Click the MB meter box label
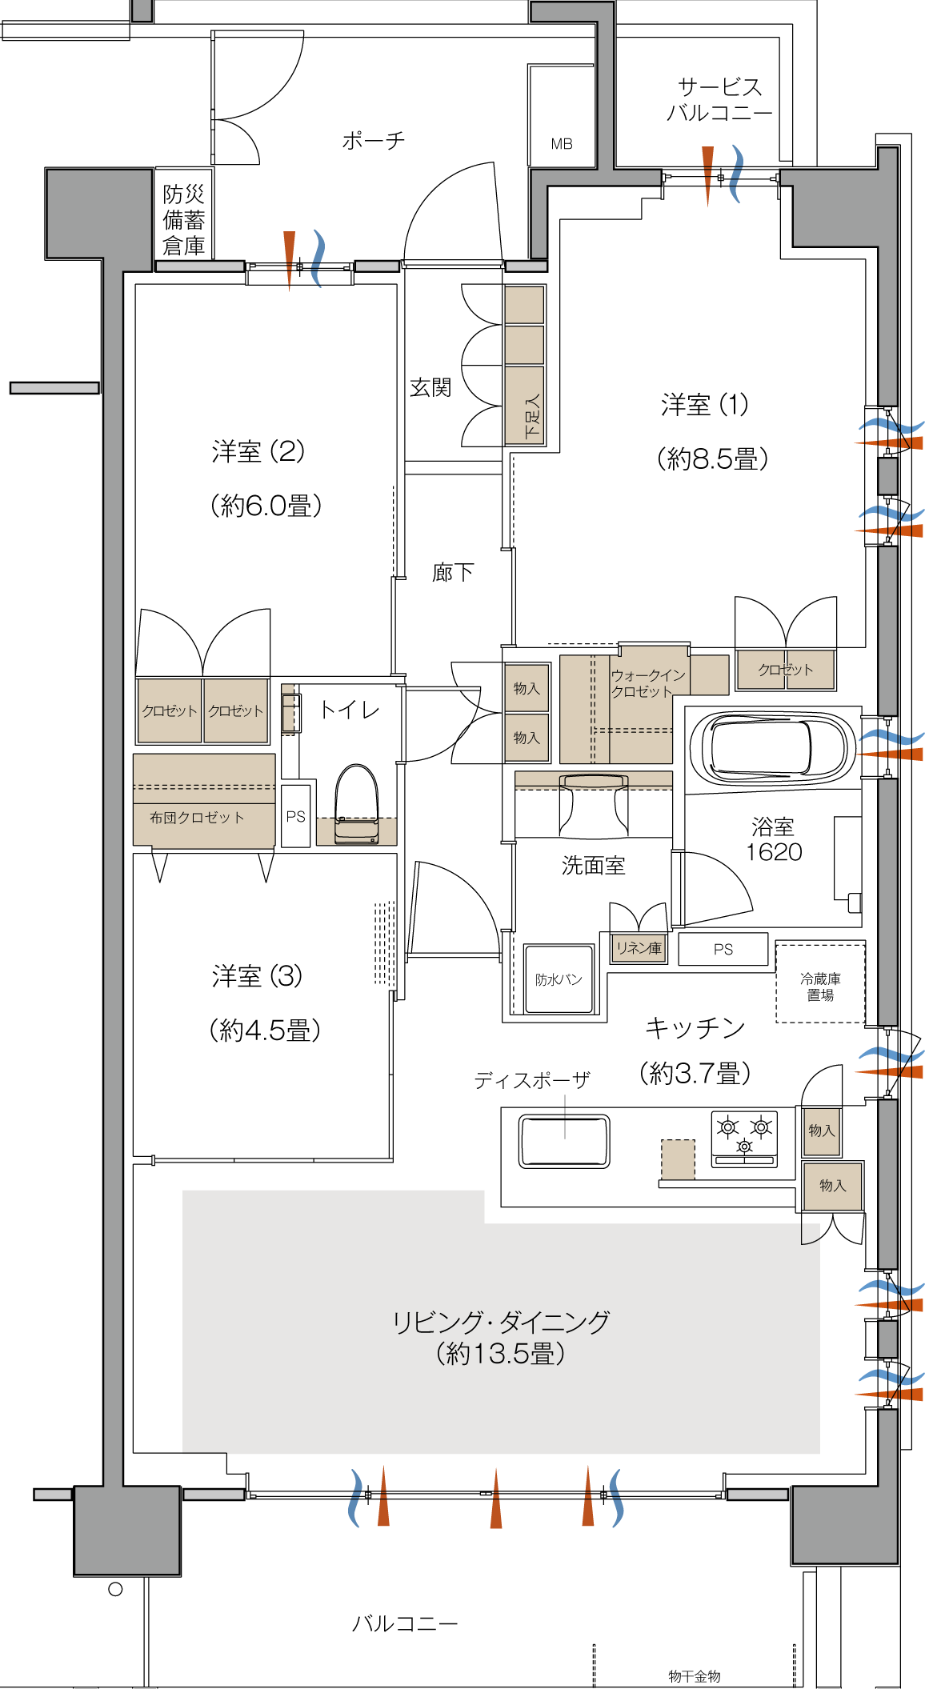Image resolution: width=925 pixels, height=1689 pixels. coord(562,144)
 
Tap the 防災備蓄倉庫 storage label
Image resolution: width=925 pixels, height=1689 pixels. coord(184,220)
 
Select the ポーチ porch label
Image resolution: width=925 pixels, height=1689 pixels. coord(374,141)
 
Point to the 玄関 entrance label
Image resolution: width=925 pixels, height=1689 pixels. coord(430,387)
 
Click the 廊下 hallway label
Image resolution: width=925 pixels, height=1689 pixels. coord(453,572)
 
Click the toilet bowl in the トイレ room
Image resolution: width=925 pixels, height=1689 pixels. coord(357,804)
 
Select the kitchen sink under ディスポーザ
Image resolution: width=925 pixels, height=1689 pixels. coord(564,1141)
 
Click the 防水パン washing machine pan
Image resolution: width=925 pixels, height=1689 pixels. coord(559,979)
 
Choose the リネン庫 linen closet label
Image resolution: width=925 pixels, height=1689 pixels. coord(639,948)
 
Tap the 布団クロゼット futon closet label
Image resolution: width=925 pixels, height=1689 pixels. coord(197,817)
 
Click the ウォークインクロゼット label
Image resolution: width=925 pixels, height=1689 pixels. coord(648,683)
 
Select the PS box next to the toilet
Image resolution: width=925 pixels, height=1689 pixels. coord(296,816)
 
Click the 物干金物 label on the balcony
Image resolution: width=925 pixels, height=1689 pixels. coord(695,1676)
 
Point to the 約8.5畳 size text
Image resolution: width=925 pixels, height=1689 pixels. coord(712,458)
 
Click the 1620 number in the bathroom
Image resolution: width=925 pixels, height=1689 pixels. coord(774,851)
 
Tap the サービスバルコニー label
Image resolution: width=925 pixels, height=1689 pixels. coord(719,99)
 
